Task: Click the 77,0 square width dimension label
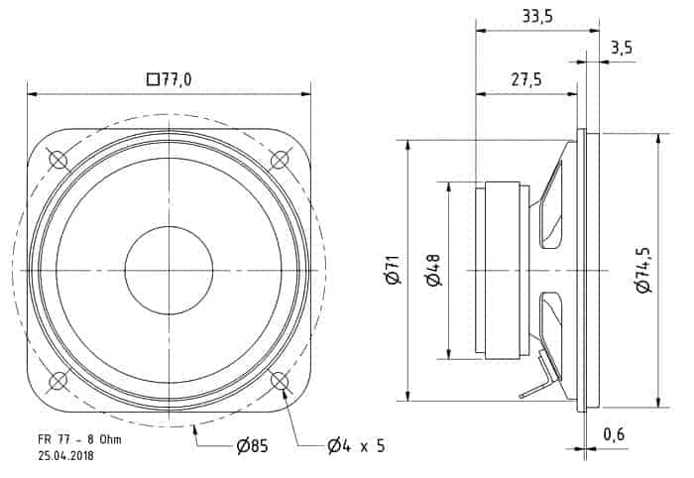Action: tap(170, 80)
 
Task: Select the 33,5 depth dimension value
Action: tap(537, 17)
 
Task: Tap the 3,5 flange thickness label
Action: tap(622, 48)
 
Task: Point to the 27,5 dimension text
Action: tap(526, 80)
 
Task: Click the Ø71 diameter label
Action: tap(394, 270)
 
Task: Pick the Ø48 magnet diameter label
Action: tap(433, 270)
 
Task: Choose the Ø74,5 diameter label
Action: tap(643, 270)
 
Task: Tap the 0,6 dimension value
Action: tap(615, 434)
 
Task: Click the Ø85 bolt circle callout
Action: tap(252, 445)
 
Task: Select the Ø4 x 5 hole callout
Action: tap(356, 445)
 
